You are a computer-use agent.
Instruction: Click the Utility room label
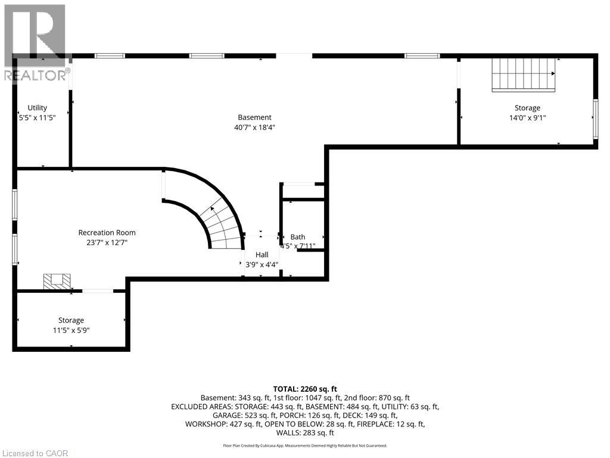point(38,108)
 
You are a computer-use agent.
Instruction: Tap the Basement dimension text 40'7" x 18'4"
point(255,128)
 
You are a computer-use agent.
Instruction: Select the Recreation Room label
point(107,233)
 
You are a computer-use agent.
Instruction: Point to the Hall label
point(262,255)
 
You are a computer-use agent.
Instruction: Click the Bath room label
point(298,237)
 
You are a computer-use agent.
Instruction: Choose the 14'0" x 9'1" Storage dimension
point(528,117)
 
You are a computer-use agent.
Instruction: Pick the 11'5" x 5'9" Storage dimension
point(71,330)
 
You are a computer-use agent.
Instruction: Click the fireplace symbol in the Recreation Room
point(57,281)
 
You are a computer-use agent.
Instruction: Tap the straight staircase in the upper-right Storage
point(524,75)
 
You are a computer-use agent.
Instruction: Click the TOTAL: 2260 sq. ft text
point(305,389)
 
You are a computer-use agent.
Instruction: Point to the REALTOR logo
point(36,43)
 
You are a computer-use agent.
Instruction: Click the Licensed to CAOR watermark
point(35,453)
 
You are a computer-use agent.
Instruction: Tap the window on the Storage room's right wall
point(595,119)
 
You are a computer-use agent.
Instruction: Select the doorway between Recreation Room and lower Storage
point(98,290)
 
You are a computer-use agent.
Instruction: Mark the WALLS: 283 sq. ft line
point(305,433)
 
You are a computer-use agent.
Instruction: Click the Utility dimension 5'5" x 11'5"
point(38,117)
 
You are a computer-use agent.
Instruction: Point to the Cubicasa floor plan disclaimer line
point(305,445)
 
